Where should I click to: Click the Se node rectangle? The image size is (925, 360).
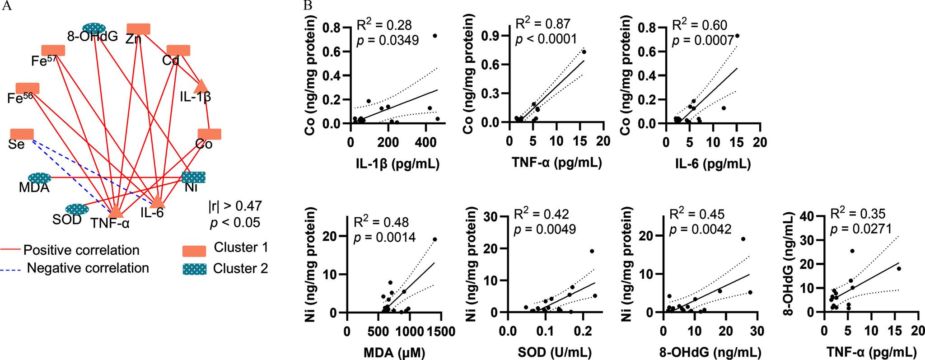tap(22, 134)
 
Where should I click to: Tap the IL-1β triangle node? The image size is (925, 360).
tap(201, 86)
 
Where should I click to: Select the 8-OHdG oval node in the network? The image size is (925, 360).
tap(94, 28)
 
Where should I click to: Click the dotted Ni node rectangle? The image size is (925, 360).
tap(194, 177)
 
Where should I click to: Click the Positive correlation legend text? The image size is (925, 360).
tap(81, 250)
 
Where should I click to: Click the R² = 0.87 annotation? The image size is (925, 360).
tap(543, 24)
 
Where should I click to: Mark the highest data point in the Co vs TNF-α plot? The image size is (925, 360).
tap(584, 52)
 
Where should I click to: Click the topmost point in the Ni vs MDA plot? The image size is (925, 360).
tap(435, 239)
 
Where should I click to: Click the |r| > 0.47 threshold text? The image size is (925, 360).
tap(235, 206)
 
